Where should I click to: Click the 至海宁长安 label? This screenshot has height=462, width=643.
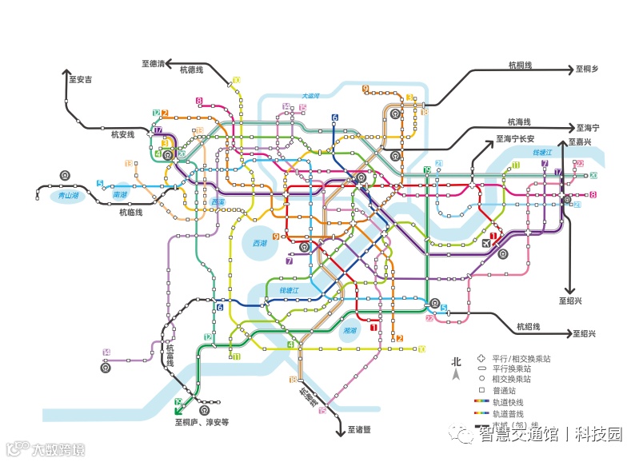pos(516,138)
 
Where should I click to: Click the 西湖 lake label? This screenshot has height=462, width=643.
pos(260,243)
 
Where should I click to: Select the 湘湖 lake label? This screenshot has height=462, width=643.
pos(350,330)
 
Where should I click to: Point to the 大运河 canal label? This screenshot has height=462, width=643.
pos(310,96)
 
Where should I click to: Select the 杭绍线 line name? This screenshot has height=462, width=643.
pos(529,327)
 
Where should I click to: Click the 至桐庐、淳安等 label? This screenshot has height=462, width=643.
pos(202,421)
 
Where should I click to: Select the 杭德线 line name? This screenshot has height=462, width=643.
pos(190,70)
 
